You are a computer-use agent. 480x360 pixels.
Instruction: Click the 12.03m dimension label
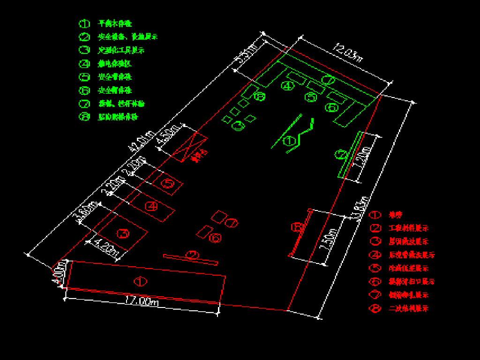tap(348, 52)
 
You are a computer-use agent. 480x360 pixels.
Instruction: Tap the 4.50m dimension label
tap(169, 135)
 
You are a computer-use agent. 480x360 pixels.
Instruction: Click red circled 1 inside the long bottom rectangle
tap(140, 282)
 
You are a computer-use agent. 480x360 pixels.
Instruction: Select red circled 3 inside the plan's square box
tap(123, 233)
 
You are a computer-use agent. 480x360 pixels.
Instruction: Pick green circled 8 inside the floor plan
tap(259, 97)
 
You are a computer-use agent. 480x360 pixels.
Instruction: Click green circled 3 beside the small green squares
tap(239, 126)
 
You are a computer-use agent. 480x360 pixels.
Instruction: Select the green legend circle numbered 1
tap(84, 23)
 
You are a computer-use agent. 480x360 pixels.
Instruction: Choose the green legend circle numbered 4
tap(84, 64)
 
